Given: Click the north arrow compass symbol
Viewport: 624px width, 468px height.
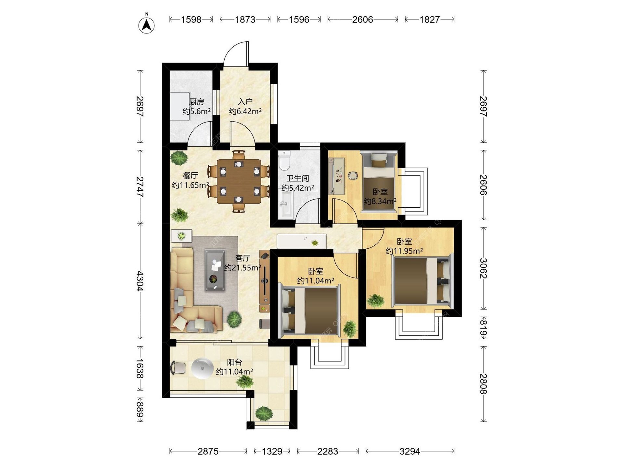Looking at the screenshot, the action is tap(147, 25).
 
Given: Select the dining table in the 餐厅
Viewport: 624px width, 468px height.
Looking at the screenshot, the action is tap(239, 181).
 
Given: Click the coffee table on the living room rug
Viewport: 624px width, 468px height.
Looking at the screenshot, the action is tap(215, 270).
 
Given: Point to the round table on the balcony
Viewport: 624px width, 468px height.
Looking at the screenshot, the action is tap(202, 369).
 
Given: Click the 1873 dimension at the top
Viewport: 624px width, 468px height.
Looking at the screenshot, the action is tap(245, 19).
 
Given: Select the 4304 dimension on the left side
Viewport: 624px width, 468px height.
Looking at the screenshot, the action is tap(140, 281).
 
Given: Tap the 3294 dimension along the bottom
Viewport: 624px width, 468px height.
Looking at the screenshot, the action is tap(410, 451).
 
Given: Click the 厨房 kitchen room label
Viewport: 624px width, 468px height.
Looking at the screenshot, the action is tap(196, 102).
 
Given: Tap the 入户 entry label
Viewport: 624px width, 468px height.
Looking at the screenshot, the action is tap(245, 102).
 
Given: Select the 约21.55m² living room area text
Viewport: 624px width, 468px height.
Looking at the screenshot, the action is tap(242, 267).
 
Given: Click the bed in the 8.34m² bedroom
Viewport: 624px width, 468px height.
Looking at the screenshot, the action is tap(379, 183).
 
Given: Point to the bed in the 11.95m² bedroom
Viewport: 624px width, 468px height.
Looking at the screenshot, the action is tap(422, 280).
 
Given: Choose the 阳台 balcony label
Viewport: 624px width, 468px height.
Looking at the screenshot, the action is tap(234, 362).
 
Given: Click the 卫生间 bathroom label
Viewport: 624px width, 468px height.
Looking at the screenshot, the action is tap(297, 178).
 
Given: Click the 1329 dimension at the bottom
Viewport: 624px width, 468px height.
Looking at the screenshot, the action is tap(272, 451).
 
